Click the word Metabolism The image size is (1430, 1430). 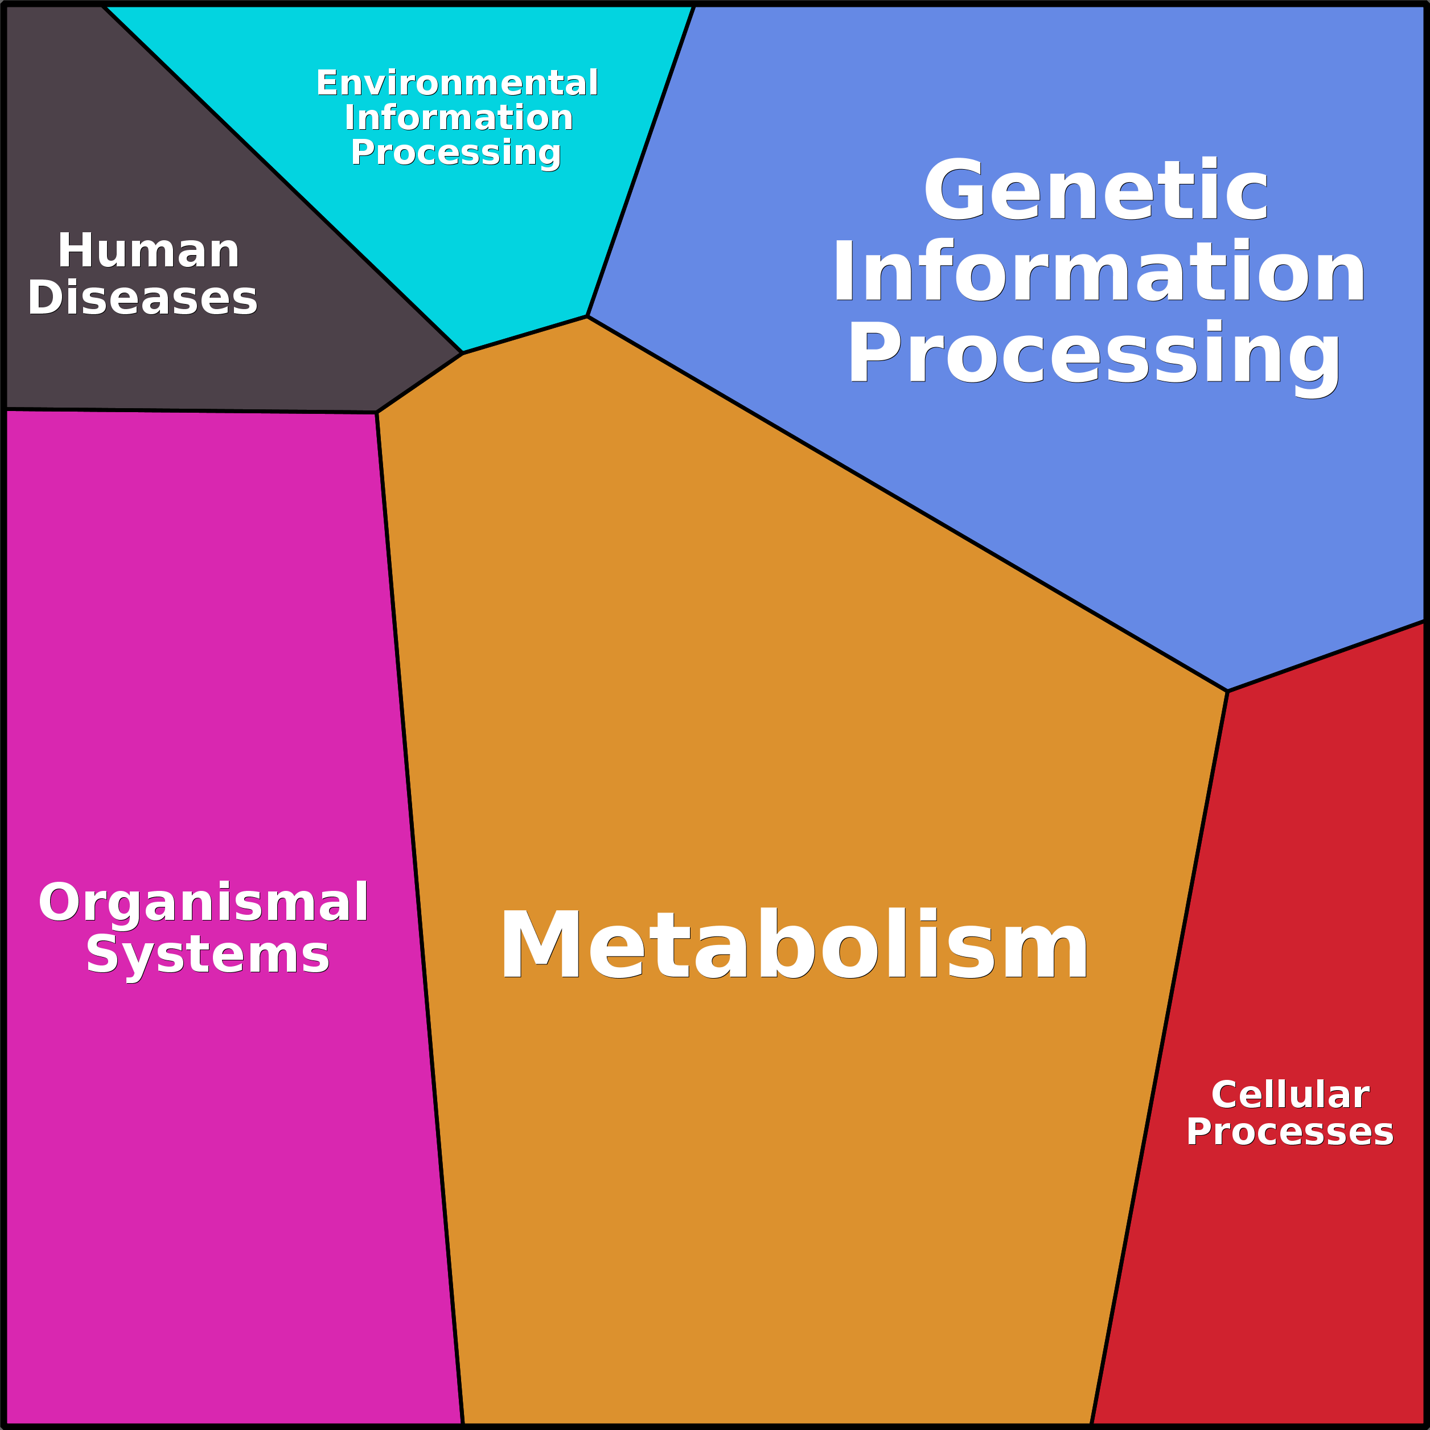tap(794, 944)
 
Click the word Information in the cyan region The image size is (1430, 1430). tap(459, 118)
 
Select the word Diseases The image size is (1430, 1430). tap(143, 298)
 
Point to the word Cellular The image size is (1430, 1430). tap(1290, 1095)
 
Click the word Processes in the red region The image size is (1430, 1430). tap(1290, 1132)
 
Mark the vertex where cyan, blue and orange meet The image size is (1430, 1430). tap(587, 317)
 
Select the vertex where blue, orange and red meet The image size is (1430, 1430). tap(1227, 691)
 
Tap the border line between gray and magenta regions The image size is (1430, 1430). tap(191, 411)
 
